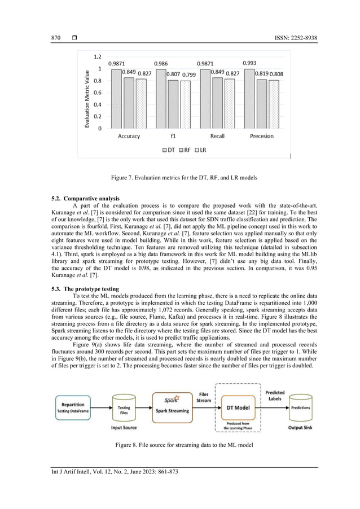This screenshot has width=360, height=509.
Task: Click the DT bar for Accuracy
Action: (116, 99)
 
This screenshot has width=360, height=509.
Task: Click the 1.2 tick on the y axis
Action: (97, 57)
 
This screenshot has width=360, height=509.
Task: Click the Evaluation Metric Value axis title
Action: (88, 94)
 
